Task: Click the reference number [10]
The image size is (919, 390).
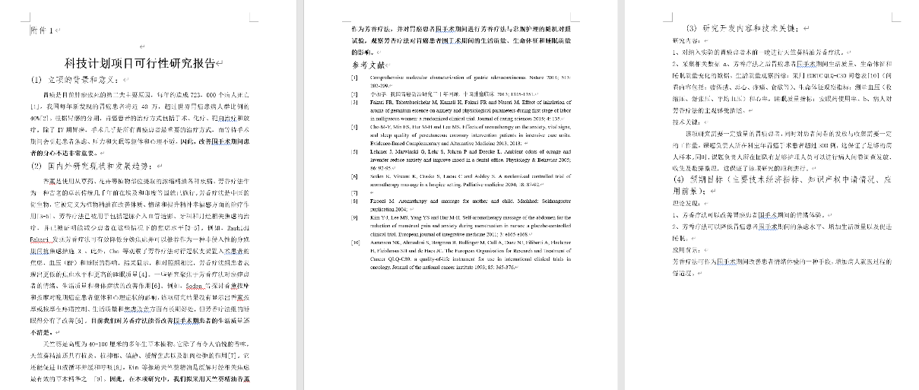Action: coord(355,243)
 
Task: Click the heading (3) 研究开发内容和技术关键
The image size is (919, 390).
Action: coord(740,27)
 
